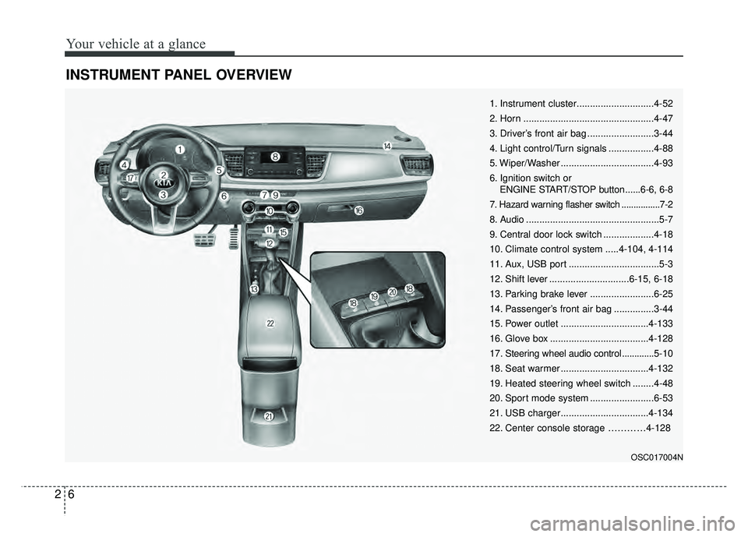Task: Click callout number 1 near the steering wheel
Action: tap(179, 148)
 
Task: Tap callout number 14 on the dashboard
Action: tap(387, 145)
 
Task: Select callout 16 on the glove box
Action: tap(358, 211)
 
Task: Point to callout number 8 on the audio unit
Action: tap(275, 157)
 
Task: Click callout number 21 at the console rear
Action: tap(268, 418)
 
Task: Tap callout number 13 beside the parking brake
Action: tap(254, 289)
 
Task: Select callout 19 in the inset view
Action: tap(375, 296)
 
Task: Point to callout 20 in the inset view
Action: tap(392, 291)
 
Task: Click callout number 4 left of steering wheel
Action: tap(125, 164)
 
